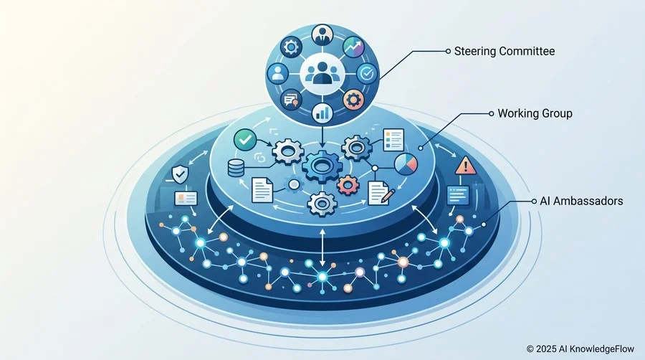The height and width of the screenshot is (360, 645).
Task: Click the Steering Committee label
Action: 505,51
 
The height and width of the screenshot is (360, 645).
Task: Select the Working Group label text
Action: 535,113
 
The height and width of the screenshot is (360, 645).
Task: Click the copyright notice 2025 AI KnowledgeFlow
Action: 580,349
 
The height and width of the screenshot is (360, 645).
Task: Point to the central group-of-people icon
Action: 322,74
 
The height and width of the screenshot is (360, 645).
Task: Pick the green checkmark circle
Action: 245,140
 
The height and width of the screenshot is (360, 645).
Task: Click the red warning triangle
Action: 466,165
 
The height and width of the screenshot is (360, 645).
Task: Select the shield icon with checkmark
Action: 180,174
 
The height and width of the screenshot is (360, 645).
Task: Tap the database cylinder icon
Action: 236,169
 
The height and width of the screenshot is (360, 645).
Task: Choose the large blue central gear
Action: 321,166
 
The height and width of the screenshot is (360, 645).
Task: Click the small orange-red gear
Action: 348,185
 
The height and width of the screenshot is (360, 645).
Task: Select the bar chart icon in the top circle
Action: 322,113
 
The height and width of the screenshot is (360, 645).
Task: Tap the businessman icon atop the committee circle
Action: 322,35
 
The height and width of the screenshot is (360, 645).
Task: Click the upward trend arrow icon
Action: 353,47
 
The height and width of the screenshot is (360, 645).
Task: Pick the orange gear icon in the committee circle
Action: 353,100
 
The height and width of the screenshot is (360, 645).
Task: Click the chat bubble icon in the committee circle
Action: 292,100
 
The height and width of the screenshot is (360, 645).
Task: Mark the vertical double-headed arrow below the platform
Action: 322,247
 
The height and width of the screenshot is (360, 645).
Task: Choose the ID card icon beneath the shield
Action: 186,199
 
